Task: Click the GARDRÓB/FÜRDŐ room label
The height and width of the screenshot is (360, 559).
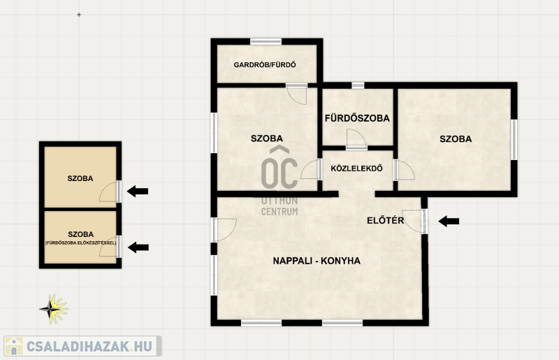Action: click(265, 64)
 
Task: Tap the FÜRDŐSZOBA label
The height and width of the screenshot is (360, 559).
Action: click(357, 118)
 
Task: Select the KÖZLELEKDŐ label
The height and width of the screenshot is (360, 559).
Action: click(356, 168)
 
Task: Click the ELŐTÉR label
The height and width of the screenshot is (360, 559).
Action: click(386, 220)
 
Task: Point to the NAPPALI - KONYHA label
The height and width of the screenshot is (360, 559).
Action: click(317, 261)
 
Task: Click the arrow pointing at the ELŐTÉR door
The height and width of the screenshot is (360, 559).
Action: click(449, 221)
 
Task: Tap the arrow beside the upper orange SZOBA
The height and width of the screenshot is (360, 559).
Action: click(137, 192)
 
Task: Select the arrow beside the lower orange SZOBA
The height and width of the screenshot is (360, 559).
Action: click(138, 247)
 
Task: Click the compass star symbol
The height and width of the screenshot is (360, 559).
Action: click(54, 309)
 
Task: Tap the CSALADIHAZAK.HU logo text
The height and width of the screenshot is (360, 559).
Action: click(89, 346)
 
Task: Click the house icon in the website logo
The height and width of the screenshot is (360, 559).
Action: click(13, 346)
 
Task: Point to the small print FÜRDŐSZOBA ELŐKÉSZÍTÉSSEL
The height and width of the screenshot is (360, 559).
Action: click(80, 243)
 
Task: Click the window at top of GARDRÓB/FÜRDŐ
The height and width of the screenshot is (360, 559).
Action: click(266, 42)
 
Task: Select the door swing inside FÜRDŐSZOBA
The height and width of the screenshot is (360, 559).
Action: click(356, 139)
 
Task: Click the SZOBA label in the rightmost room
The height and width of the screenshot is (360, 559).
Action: click(456, 139)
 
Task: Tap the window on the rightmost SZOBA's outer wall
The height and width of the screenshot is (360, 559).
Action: click(514, 140)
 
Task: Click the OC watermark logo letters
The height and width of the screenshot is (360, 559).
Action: click(279, 168)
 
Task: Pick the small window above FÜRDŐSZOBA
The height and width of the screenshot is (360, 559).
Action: click(358, 85)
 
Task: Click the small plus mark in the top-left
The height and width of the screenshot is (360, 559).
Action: click(79, 15)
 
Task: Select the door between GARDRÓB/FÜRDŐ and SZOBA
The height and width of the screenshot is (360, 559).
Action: click(296, 94)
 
